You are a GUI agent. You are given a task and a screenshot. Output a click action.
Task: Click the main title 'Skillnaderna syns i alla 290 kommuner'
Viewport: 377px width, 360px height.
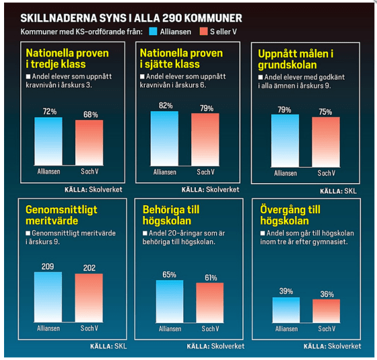pos(131,17)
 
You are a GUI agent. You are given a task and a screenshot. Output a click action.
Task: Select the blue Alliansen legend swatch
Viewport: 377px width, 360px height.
pos(153,31)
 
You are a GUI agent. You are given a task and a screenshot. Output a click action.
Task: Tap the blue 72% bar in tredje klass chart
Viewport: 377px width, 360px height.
pos(48,141)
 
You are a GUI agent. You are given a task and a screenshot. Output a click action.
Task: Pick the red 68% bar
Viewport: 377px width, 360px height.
pos(89,142)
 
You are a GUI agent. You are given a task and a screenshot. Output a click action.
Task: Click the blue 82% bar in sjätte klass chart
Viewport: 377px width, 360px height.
pos(164,138)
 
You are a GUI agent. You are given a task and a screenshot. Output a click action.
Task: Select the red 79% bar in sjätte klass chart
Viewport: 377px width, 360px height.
pos(205,139)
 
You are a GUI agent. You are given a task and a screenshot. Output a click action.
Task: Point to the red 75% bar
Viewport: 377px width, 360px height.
pos(325,141)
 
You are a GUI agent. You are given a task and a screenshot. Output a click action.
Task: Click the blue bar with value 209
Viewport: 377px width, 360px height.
pos(48,296)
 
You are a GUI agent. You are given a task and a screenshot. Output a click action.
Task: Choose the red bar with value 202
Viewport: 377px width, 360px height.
pos(89,297)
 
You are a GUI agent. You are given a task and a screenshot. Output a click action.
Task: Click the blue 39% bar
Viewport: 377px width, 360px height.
pos(286,309)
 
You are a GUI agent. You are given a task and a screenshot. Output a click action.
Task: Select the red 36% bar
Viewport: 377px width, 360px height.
pos(327,310)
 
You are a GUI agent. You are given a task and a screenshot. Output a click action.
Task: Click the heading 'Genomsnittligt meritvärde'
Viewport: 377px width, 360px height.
pos(61,215)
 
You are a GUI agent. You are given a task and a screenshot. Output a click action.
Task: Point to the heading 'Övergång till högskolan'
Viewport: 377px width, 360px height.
pos(290,215)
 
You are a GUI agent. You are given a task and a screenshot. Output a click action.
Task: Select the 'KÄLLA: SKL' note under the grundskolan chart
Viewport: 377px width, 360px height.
pos(341,191)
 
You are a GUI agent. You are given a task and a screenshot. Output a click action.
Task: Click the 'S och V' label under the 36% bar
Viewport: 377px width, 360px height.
pos(327,329)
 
